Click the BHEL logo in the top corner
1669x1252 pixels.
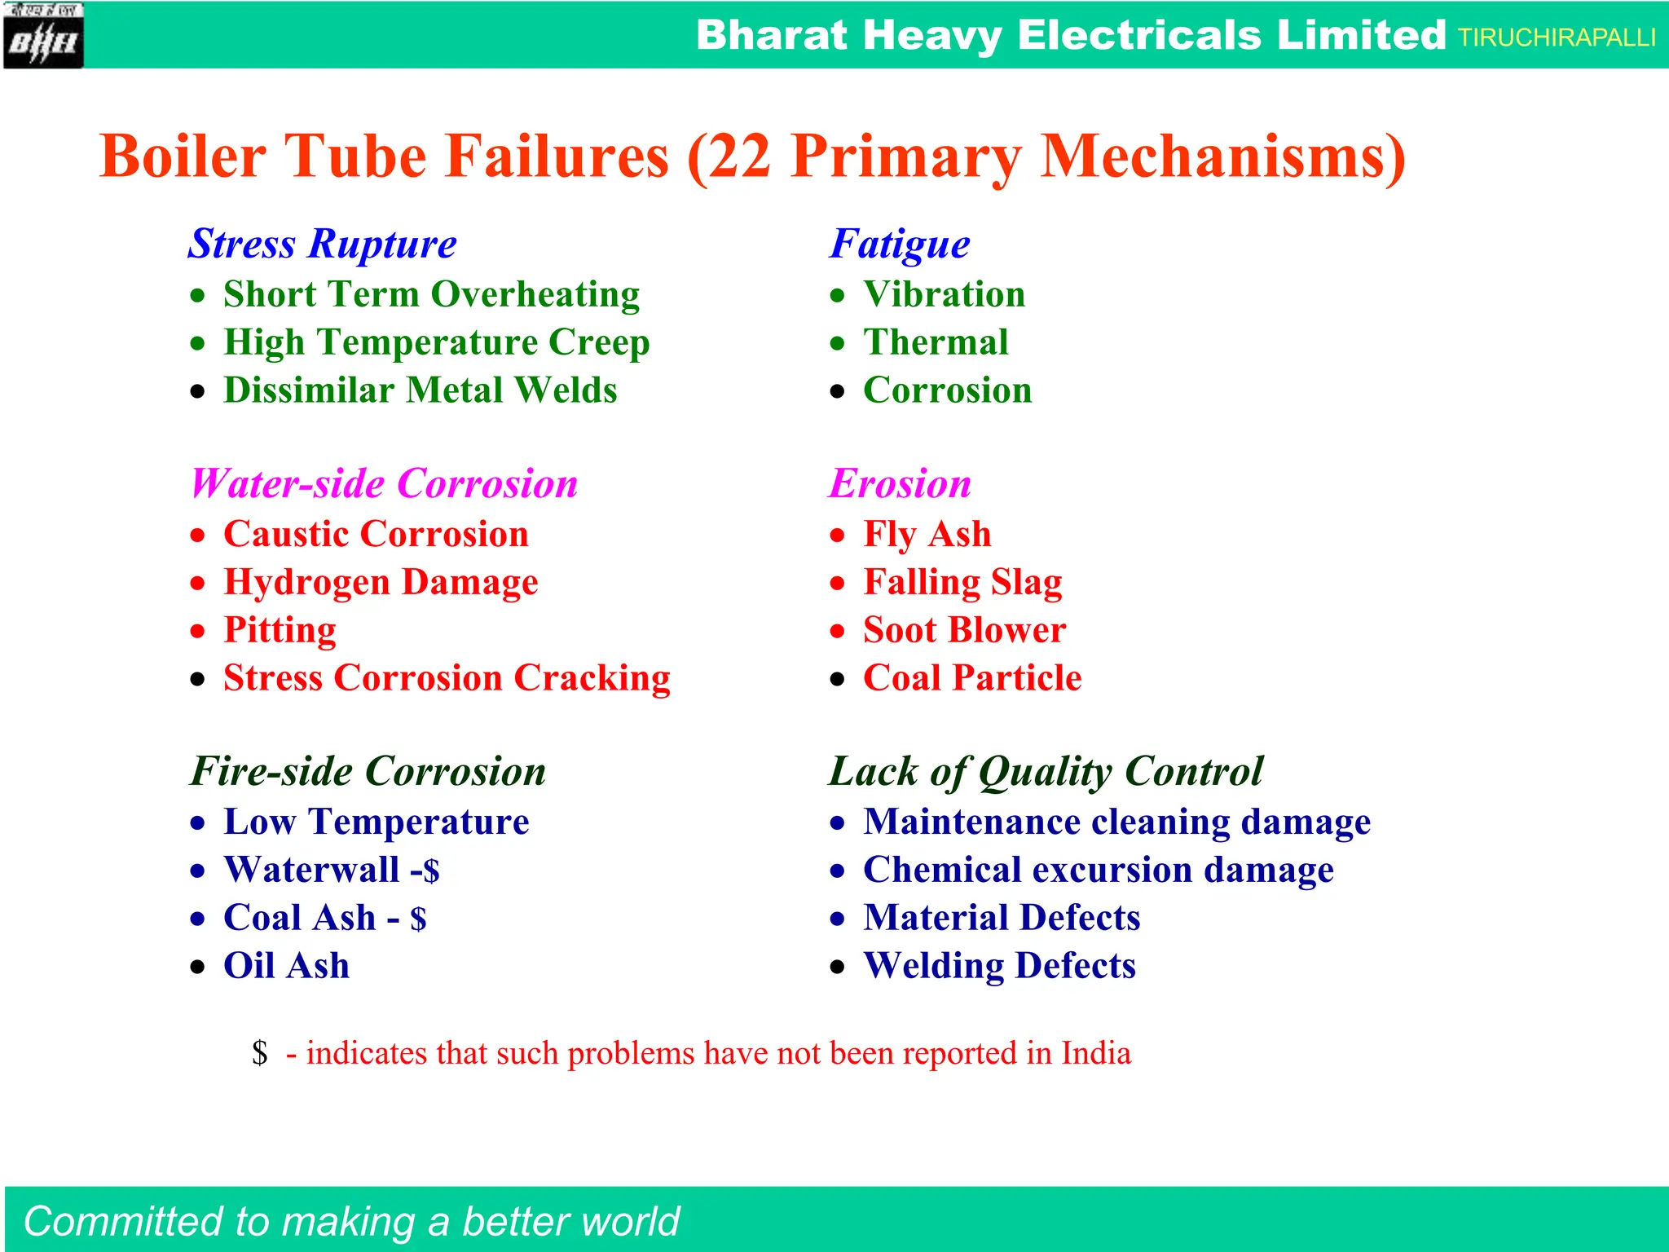42,36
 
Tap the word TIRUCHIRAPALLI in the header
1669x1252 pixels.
1556,37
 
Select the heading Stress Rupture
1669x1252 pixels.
323,244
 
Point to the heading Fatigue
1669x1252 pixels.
900,244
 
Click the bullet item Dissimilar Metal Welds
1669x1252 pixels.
420,390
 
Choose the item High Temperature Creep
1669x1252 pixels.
436,342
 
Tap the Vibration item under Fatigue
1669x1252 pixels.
944,294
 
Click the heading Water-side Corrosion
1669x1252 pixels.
384,483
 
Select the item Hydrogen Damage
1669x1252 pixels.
381,582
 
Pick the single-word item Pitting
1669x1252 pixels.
280,630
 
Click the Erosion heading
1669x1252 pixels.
900,483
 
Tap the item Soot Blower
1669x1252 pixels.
964,630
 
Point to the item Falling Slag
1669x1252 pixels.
962,582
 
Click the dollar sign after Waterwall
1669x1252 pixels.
431,871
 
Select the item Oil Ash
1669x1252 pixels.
286,966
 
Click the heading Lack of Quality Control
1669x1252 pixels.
1046,771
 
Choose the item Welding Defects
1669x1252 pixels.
999,966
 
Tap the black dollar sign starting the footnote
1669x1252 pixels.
260,1053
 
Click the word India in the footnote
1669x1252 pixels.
1095,1053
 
